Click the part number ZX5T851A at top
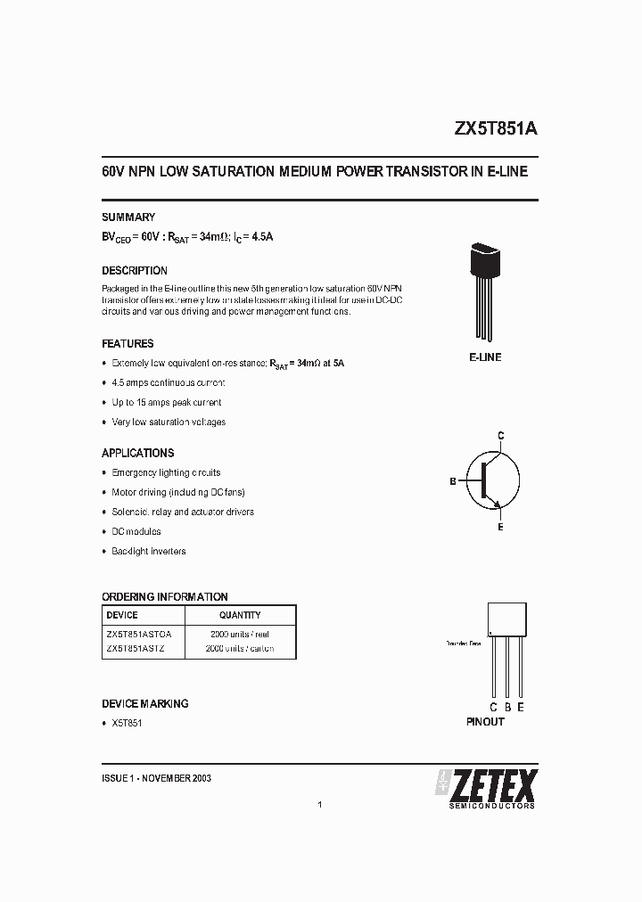496,128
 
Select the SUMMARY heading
128,217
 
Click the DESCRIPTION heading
135,271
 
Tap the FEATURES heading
128,344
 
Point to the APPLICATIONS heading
138,453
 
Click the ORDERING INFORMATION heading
165,597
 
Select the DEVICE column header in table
122,615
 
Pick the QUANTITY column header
240,615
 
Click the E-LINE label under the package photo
485,357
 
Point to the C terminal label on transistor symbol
501,435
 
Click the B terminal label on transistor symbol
453,481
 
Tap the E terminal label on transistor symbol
501,528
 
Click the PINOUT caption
485,721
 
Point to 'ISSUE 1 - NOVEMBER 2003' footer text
156,778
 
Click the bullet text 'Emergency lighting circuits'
166,472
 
